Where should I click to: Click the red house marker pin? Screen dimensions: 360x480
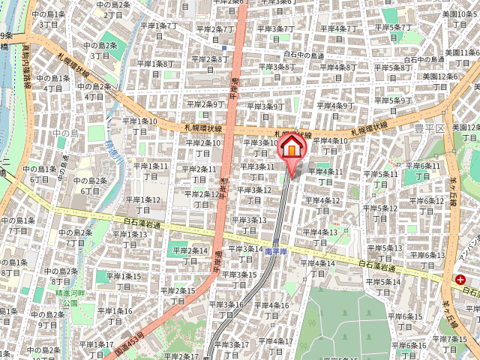292,149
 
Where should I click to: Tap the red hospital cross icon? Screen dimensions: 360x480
459,279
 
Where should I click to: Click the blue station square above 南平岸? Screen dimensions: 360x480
276,241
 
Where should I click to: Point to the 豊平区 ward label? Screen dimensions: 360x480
435,128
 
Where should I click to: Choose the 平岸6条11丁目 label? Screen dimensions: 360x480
424,170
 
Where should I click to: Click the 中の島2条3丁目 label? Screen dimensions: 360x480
105,50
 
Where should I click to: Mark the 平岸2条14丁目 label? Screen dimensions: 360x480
187,255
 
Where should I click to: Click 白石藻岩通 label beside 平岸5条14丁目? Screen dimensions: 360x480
376,265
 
